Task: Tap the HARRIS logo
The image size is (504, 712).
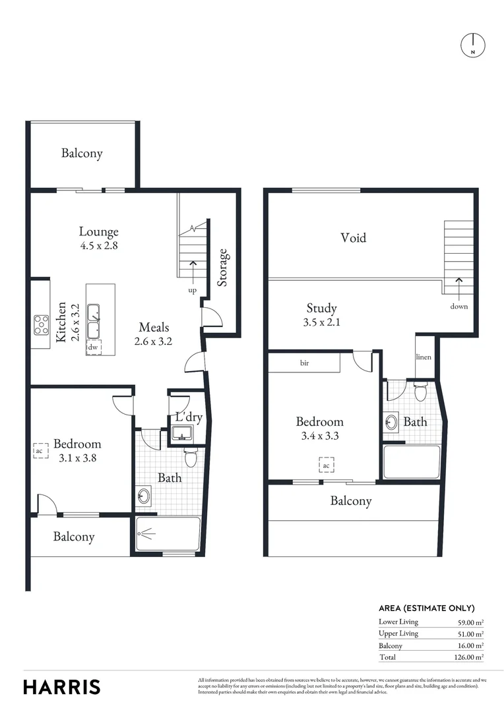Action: [x=62, y=686]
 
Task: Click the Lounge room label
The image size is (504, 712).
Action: [x=99, y=231]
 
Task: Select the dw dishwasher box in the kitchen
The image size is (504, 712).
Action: [x=94, y=347]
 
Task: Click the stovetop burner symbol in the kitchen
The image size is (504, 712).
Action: [x=42, y=325]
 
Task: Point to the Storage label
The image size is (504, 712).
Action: [x=223, y=267]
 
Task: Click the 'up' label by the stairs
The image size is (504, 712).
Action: [x=193, y=290]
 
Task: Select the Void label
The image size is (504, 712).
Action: [x=353, y=237]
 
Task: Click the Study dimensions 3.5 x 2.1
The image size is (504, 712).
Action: [x=322, y=322]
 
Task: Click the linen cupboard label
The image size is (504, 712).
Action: [x=424, y=357]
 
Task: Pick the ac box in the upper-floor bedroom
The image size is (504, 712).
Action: [x=326, y=465]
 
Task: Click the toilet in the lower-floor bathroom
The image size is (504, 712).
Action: [x=191, y=457]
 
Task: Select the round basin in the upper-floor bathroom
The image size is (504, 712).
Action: [x=391, y=421]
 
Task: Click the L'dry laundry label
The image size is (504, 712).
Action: [x=188, y=417]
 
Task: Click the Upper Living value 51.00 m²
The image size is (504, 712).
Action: [x=470, y=634]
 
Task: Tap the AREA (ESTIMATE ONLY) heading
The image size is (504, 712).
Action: [x=426, y=608]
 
